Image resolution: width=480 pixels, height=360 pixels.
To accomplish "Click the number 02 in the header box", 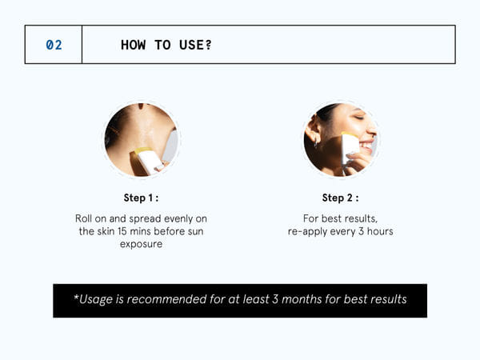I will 54,45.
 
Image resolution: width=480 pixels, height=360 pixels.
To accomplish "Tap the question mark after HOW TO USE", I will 208,45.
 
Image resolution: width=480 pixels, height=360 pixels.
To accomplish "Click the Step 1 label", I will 141,198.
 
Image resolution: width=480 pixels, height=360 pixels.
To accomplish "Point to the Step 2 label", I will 340,198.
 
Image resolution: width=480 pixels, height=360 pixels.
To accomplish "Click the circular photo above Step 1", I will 142,139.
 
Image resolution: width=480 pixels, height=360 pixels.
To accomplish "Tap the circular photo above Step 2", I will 340,139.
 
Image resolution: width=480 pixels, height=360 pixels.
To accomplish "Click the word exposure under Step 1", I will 141,244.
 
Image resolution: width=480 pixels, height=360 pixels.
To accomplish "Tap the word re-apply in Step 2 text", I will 310,231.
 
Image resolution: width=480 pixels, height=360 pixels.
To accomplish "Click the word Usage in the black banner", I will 97,299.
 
